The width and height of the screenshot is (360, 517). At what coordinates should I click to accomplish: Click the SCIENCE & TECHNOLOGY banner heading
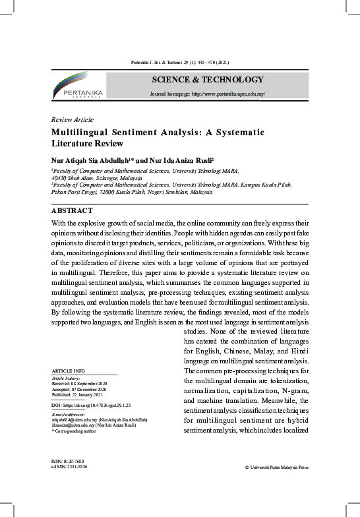[x=208, y=80]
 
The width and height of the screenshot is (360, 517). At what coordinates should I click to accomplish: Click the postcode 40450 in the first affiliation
[x=59, y=178]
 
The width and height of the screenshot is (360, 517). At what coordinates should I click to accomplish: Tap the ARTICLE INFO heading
[x=68, y=371]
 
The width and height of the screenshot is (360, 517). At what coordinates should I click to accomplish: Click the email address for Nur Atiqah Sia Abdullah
[x=75, y=419]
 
